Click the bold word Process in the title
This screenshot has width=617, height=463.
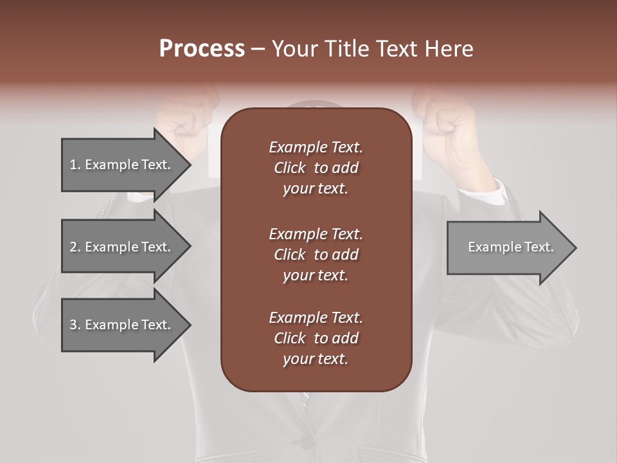point(202,49)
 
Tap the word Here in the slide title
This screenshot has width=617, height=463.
point(448,49)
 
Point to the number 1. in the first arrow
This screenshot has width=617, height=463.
point(75,165)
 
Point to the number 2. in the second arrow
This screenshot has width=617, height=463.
point(75,247)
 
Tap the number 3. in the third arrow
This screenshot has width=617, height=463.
point(75,325)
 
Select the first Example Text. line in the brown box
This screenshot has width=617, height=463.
point(316,147)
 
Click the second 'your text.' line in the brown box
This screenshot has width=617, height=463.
point(316,275)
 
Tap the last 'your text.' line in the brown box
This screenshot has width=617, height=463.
point(316,359)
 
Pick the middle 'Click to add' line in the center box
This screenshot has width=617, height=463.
point(316,255)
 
